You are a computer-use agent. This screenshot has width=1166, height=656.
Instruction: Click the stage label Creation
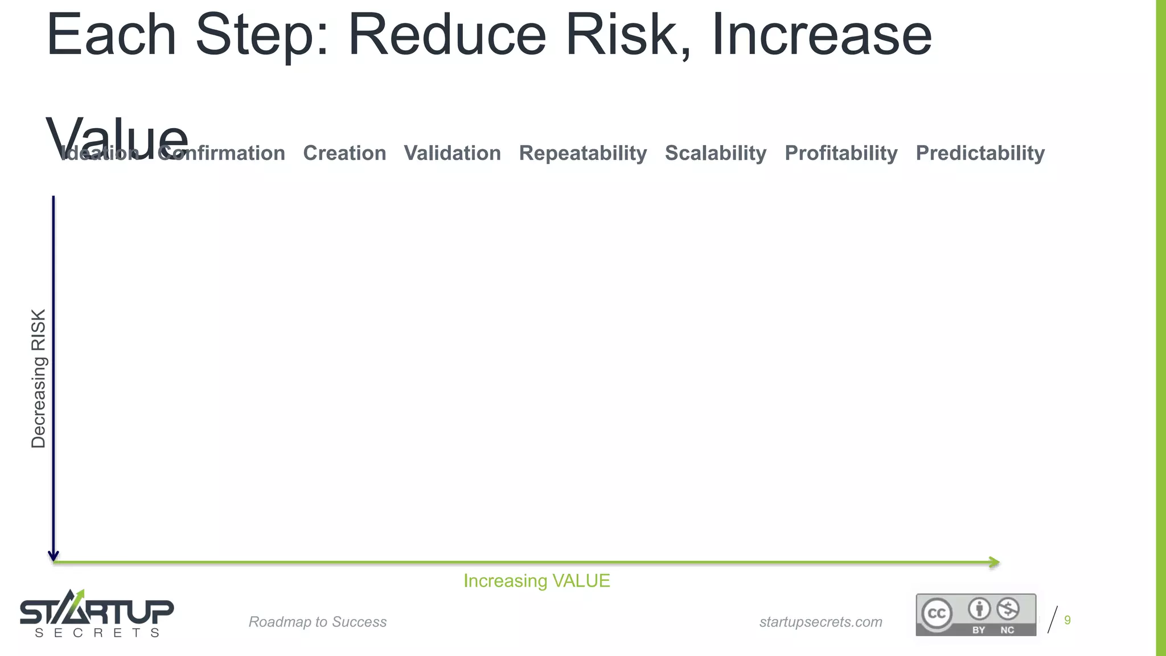tap(344, 153)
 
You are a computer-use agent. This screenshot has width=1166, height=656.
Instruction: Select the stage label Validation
tap(452, 153)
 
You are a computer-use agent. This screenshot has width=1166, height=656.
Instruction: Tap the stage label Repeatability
tap(582, 153)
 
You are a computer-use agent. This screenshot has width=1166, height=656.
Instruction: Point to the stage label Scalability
tap(715, 153)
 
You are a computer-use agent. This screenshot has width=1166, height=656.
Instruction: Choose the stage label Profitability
tap(840, 153)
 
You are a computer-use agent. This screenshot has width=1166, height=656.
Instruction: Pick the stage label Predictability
tap(980, 153)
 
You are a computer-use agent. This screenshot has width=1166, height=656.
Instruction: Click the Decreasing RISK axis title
tap(38, 379)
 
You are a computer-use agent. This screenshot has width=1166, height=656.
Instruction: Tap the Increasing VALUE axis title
tap(536, 581)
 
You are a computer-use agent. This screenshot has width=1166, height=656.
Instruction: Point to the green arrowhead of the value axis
tap(994, 563)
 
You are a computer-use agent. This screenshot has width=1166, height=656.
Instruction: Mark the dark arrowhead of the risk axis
tap(54, 555)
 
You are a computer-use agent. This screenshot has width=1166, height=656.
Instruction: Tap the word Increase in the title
tap(821, 35)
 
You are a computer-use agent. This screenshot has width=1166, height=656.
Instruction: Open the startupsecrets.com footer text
tap(820, 622)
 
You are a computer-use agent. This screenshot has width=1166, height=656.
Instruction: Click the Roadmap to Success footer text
tap(317, 622)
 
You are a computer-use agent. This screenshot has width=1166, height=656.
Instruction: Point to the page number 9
tap(1067, 620)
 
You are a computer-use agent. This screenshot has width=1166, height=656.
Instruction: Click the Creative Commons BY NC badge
tap(975, 614)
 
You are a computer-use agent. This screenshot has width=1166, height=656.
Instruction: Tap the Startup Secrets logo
tap(97, 614)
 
